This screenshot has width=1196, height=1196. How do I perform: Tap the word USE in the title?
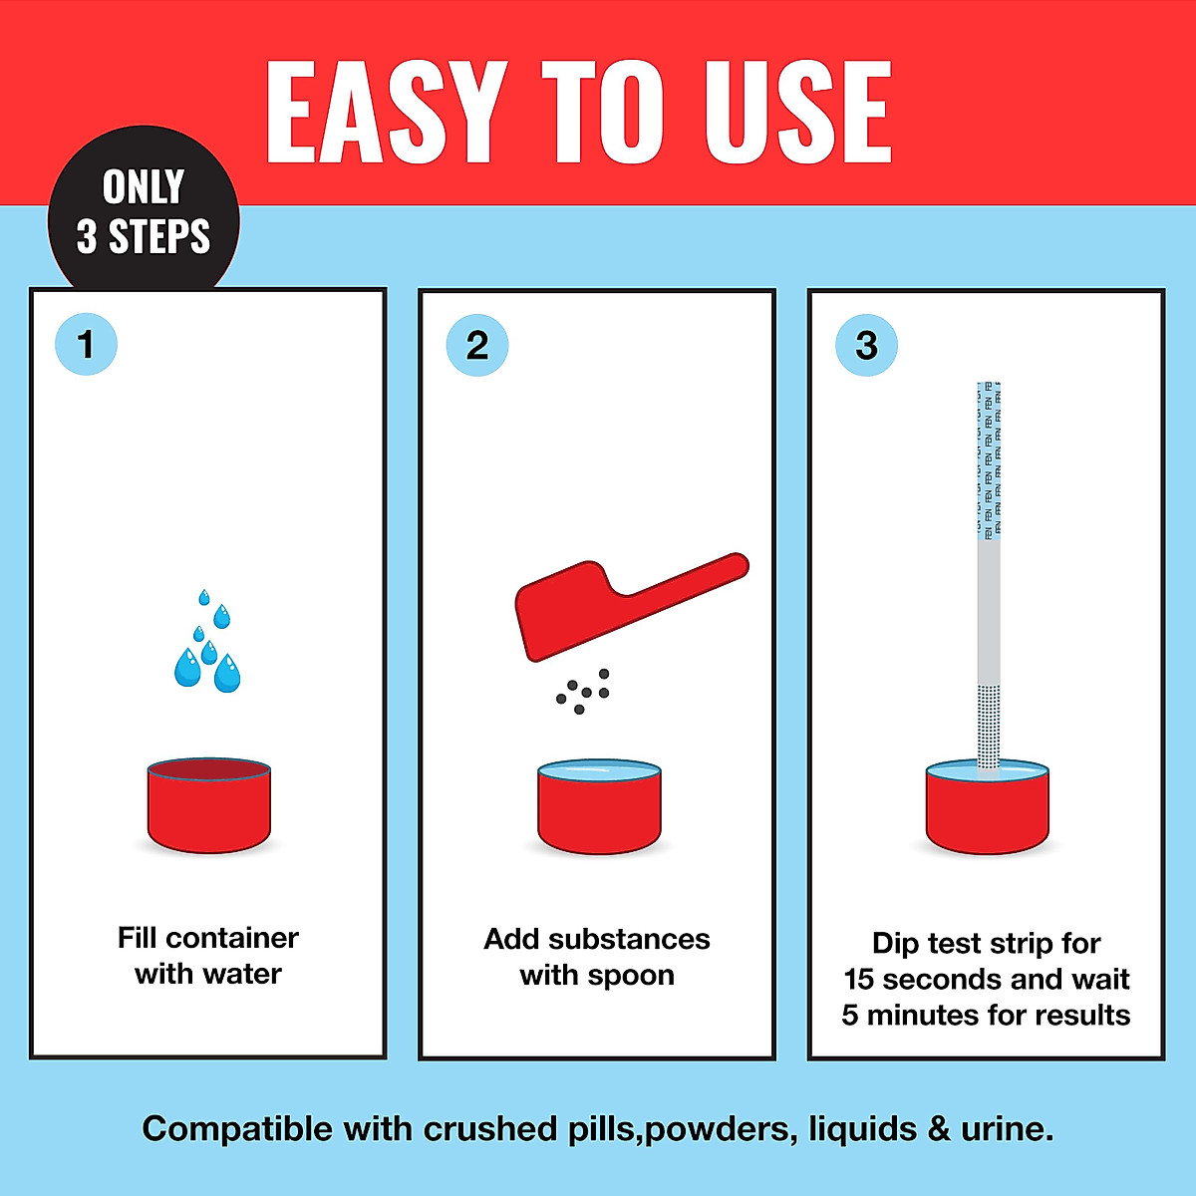[x=797, y=112]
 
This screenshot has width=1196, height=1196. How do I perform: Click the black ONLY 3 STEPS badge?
[x=144, y=211]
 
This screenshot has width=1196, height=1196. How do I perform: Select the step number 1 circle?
[x=86, y=345]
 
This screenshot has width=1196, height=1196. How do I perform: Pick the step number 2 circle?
[x=477, y=346]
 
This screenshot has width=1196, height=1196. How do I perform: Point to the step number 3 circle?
[x=866, y=346]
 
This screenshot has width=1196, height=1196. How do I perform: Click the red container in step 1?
[x=209, y=807]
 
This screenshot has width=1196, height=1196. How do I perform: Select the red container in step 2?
[x=599, y=809]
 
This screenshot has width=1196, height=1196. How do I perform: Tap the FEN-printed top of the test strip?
[x=988, y=458]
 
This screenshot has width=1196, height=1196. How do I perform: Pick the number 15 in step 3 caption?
[x=858, y=979]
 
